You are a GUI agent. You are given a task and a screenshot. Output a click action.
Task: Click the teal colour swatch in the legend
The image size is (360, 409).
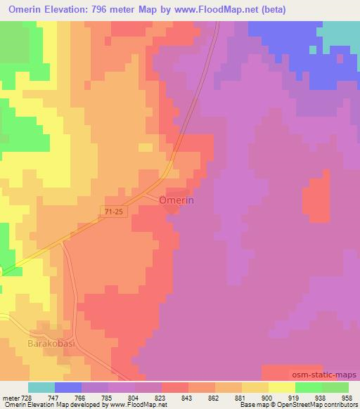[x=41, y=387]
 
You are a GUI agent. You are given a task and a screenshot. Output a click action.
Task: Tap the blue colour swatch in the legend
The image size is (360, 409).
[x=68, y=387]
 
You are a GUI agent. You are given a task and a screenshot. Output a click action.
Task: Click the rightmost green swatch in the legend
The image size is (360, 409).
[x=335, y=387]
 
